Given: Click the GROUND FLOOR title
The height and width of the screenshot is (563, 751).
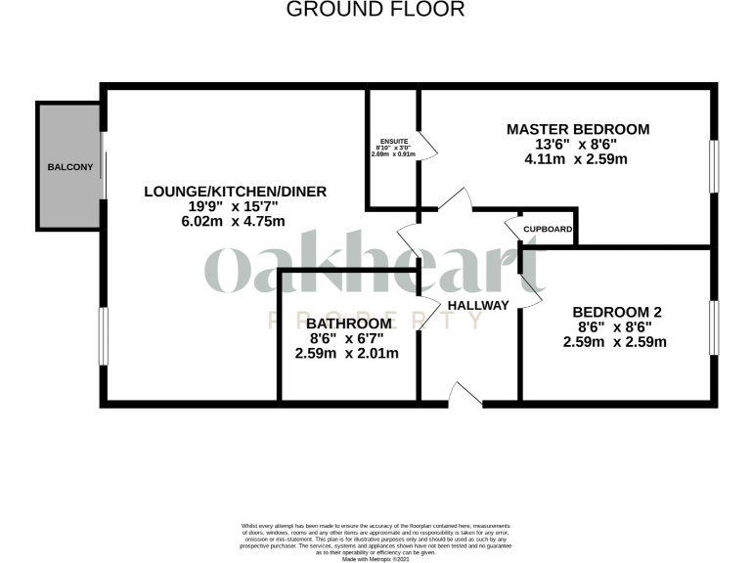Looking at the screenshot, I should click(x=375, y=10).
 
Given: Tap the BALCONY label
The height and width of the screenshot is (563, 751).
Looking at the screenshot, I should click(x=70, y=167).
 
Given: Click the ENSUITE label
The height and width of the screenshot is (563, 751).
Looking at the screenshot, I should click(x=393, y=141).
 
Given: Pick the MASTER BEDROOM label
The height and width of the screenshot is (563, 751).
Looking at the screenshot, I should click(x=577, y=129).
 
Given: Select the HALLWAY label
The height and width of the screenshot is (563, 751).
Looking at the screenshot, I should click(x=478, y=305).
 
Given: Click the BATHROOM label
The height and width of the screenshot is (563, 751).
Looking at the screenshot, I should click(x=349, y=323).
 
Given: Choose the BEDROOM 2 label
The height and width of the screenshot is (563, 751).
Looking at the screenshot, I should click(x=617, y=312).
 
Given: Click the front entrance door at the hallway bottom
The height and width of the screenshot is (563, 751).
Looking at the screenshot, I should click(x=464, y=395).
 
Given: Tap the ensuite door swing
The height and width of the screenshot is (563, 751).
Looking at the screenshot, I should click(x=427, y=151).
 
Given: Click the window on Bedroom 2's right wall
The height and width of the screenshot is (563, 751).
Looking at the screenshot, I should click(x=714, y=325).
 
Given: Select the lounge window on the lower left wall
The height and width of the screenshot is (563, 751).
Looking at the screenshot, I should click(x=102, y=337).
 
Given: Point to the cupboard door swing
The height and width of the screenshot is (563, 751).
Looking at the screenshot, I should click(x=512, y=230).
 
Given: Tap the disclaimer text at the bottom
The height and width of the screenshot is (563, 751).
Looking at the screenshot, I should click(x=375, y=541).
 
